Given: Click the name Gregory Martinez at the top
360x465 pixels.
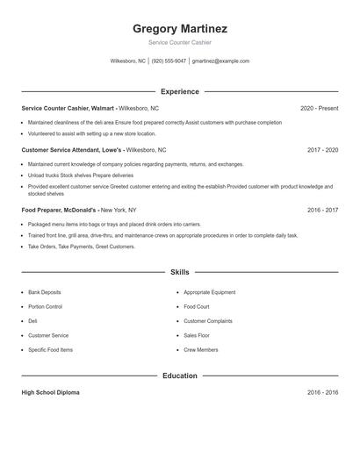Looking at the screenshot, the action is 180,28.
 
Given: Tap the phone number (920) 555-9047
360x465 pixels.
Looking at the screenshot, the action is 169,61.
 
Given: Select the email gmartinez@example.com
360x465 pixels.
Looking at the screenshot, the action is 220,61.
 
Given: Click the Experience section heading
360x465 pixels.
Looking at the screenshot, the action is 180,91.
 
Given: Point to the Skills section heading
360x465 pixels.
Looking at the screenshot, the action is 180,273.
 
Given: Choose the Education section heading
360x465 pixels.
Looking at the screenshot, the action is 180,376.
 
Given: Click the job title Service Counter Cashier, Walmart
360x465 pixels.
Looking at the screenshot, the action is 68,108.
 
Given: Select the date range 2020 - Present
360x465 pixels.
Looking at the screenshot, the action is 319,108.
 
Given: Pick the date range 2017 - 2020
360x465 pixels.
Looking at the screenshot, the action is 322,150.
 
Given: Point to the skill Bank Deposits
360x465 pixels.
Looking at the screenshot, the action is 45,291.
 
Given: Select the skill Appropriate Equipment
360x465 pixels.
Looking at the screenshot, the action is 210,291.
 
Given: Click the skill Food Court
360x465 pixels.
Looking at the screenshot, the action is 197,306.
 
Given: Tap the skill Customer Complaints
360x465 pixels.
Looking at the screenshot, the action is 208,321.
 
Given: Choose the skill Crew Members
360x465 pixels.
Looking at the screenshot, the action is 201,350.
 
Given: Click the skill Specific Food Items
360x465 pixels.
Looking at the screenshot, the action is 50,350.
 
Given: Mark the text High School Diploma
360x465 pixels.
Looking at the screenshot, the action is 50,392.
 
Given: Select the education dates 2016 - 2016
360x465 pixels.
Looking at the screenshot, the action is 322,392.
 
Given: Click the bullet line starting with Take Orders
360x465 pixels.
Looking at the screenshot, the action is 82,247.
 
